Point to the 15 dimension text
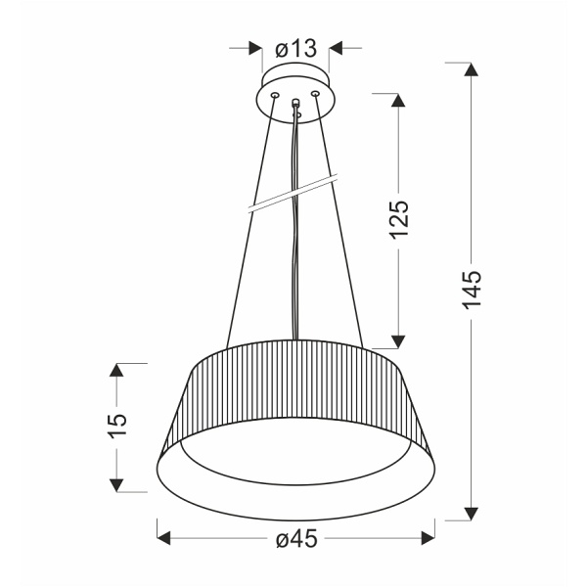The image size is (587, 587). click(116, 427)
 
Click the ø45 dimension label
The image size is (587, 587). click(296, 539)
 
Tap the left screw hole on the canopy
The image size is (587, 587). click(274, 95)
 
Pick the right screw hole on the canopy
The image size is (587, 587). click(315, 94)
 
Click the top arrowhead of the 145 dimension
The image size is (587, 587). click(473, 71)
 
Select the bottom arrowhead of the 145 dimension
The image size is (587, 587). click(473, 512)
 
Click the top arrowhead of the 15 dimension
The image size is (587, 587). click(116, 372)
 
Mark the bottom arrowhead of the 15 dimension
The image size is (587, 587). click(116, 482)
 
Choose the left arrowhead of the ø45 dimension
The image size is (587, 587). click(165, 538)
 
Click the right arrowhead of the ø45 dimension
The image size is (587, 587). click(427, 538)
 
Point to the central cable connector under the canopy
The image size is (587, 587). click(294, 104)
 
